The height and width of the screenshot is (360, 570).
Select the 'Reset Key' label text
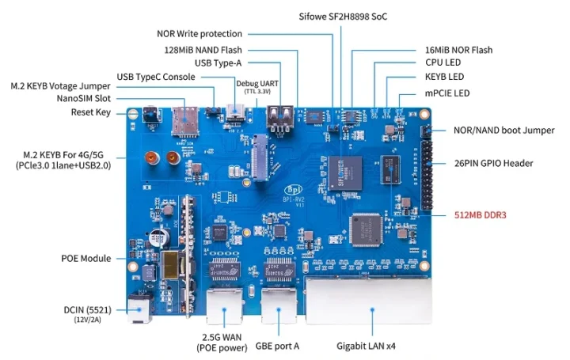(93, 112)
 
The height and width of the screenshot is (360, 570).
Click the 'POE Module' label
(86, 259)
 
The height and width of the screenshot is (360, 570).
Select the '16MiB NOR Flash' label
(458, 50)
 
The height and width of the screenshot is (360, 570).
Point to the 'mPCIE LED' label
(448, 93)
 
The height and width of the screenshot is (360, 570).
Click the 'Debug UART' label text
(258, 83)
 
